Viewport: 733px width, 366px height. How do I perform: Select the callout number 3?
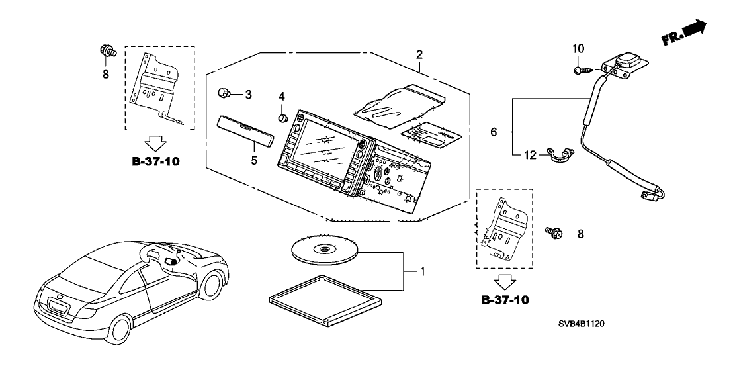[x=248, y=95]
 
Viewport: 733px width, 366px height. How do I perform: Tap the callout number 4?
[x=281, y=97]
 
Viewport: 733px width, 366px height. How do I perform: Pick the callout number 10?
[x=578, y=48]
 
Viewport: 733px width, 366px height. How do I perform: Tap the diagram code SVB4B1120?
[x=572, y=325]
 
